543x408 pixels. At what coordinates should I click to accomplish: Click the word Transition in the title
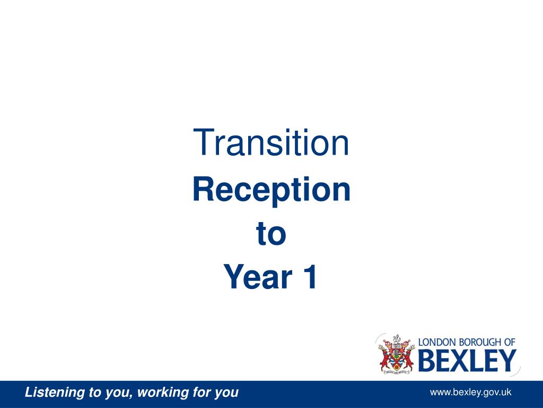pyautogui.click(x=271, y=143)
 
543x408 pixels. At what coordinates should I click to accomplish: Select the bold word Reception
pyautogui.click(x=271, y=190)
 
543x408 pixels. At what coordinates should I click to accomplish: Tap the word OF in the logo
pyautogui.click(x=509, y=343)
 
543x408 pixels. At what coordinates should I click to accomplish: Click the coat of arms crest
pyautogui.click(x=396, y=353)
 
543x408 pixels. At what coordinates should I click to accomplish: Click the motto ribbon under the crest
pyautogui.click(x=396, y=371)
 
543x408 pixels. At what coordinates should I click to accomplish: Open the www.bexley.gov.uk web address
pyautogui.click(x=470, y=393)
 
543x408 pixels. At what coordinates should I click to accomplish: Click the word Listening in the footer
pyautogui.click(x=56, y=393)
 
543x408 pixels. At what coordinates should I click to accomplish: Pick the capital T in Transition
pyautogui.click(x=202, y=143)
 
